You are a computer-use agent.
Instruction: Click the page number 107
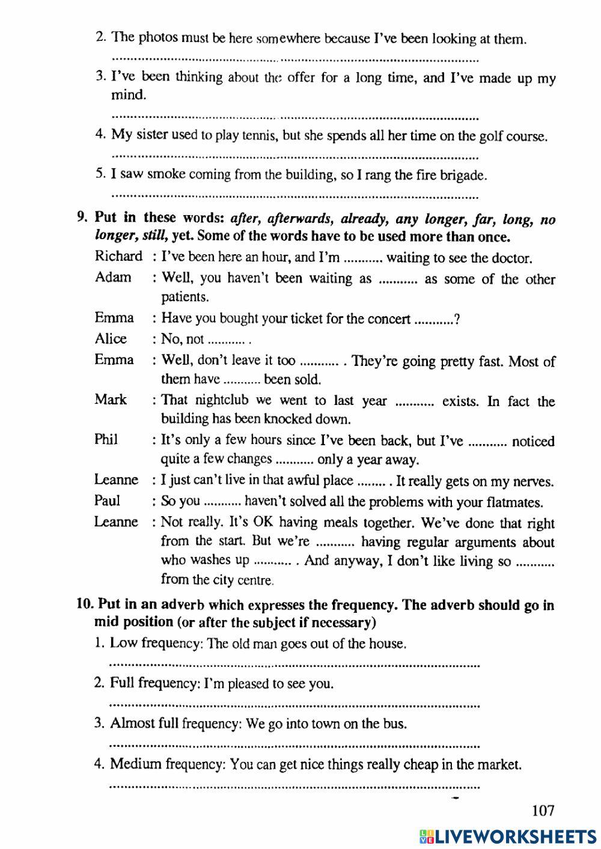tap(543, 811)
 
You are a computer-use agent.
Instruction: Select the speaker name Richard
tap(118, 257)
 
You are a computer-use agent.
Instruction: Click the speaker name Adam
tap(113, 278)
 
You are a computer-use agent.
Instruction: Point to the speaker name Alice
tap(111, 339)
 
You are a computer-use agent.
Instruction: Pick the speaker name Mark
tap(111, 400)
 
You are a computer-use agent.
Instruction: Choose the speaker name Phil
tap(106, 440)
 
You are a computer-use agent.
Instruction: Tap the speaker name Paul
tap(107, 501)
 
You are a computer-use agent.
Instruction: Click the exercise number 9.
tap(83, 218)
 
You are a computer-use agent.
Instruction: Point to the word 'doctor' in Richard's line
tap(512, 258)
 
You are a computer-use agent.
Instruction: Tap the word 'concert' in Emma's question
tap(390, 319)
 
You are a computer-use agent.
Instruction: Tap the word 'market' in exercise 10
tap(499, 765)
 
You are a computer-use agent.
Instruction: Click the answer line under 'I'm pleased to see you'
tap(294, 705)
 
